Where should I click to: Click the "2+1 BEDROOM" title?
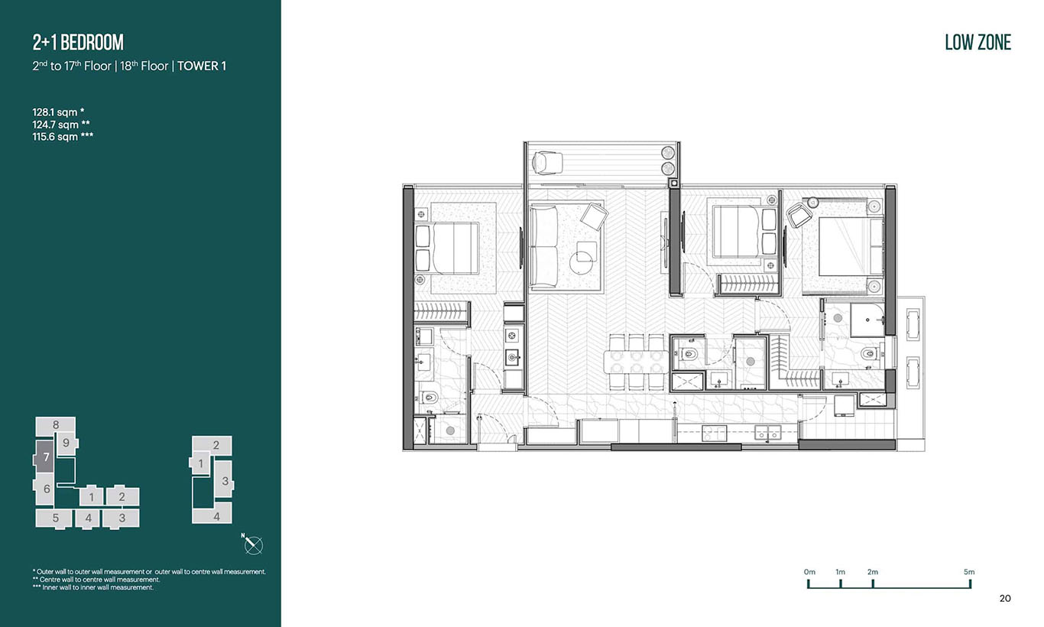pyautogui.click(x=78, y=42)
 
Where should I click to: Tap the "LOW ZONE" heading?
pyautogui.click(x=978, y=42)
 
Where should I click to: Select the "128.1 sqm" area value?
pyautogui.click(x=54, y=112)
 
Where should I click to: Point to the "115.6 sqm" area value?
pyautogui.click(x=55, y=137)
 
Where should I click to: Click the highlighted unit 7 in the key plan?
pyautogui.click(x=45, y=458)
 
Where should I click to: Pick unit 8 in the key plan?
pyautogui.click(x=56, y=424)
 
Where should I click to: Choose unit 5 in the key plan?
pyautogui.click(x=55, y=518)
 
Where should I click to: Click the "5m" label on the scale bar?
pyautogui.click(x=969, y=571)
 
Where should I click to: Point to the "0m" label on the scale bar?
pyautogui.click(x=809, y=571)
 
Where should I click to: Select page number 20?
pyautogui.click(x=1005, y=598)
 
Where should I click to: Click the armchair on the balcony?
pyautogui.click(x=546, y=163)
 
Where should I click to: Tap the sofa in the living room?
pyautogui.click(x=543, y=247)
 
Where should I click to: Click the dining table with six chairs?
pyautogui.click(x=636, y=362)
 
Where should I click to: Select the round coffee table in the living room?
pyautogui.click(x=581, y=262)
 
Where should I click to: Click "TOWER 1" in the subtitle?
pyautogui.click(x=201, y=67)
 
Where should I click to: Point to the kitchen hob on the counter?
pyautogui.click(x=714, y=434)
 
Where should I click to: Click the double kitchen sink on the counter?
pyautogui.click(x=767, y=433)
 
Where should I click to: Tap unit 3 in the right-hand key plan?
pyautogui.click(x=225, y=481)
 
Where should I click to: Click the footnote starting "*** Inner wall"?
pyautogui.click(x=92, y=587)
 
